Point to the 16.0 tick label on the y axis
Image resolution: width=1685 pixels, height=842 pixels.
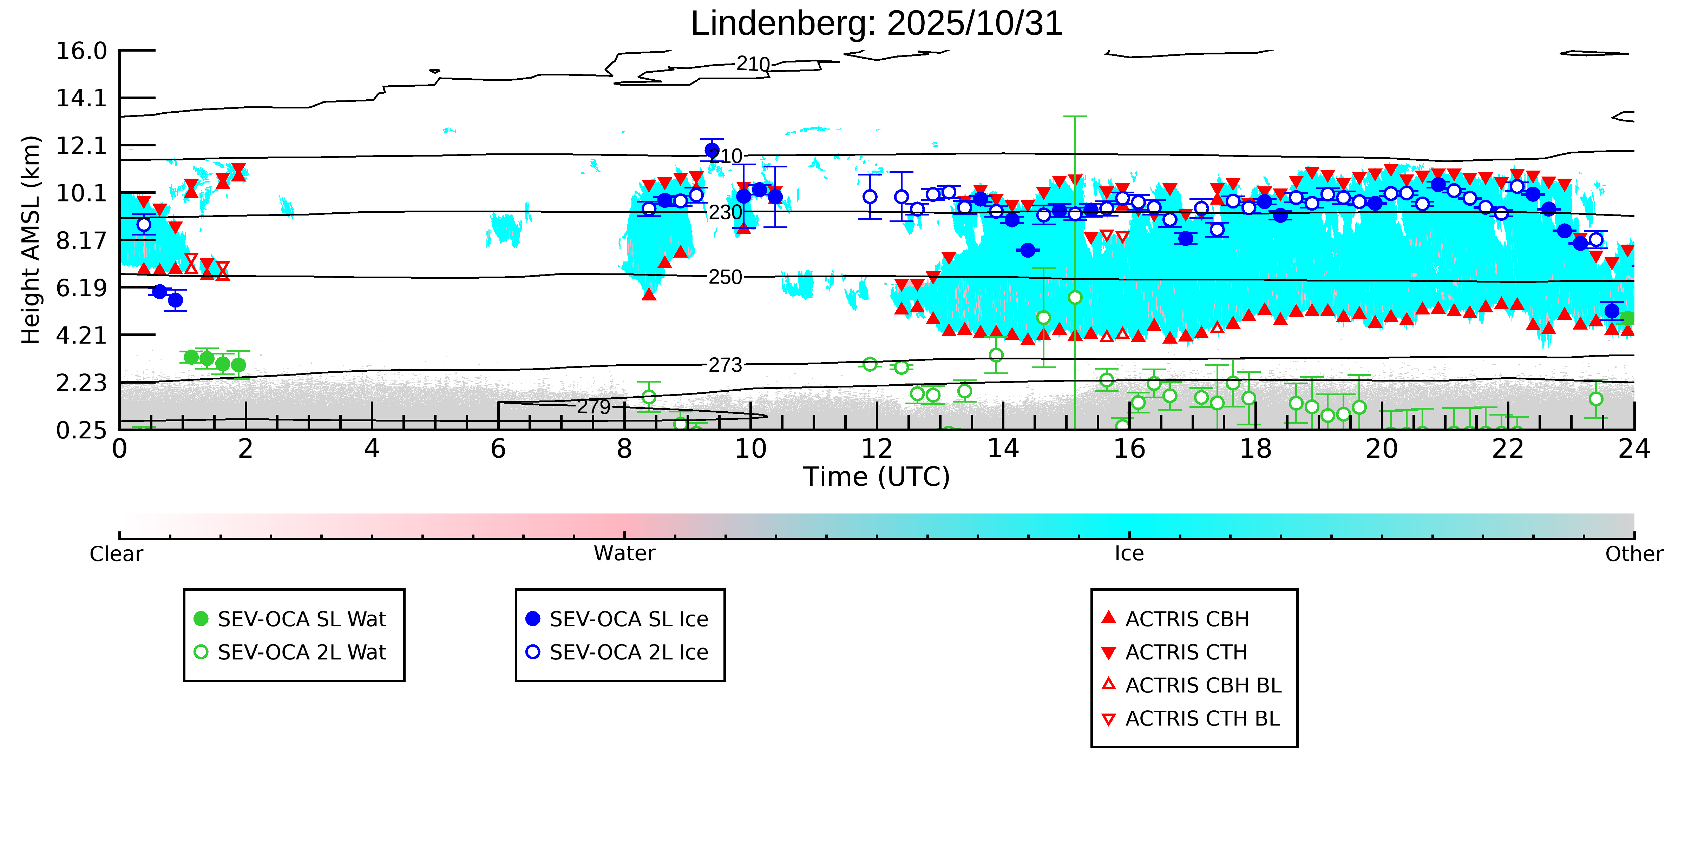coord(81,51)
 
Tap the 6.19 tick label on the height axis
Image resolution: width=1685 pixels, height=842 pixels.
coord(81,288)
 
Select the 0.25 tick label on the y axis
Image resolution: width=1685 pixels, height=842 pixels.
coord(81,430)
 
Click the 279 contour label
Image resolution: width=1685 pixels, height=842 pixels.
coord(593,407)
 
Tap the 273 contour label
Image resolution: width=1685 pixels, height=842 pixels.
coord(726,365)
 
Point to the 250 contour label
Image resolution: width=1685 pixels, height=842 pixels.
coord(726,277)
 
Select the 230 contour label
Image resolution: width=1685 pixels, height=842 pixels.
coord(726,212)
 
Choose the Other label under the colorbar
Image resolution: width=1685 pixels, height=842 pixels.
coord(1633,554)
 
